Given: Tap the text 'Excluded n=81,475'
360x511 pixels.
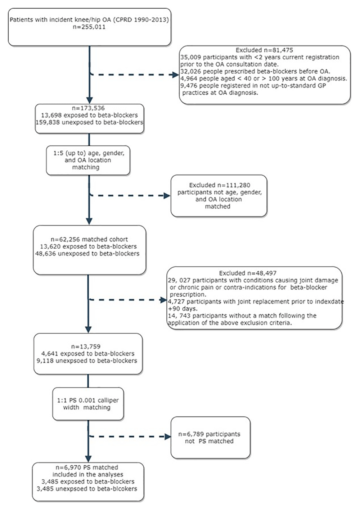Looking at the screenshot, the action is (264, 50).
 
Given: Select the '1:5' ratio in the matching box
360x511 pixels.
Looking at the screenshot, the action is (58, 153).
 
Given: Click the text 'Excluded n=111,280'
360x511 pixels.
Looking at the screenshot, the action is (219, 185).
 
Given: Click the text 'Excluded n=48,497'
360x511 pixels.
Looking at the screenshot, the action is (248, 273).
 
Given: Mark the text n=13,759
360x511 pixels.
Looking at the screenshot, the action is (86, 347).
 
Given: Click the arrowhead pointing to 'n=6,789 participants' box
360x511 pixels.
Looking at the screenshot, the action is (168, 437).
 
